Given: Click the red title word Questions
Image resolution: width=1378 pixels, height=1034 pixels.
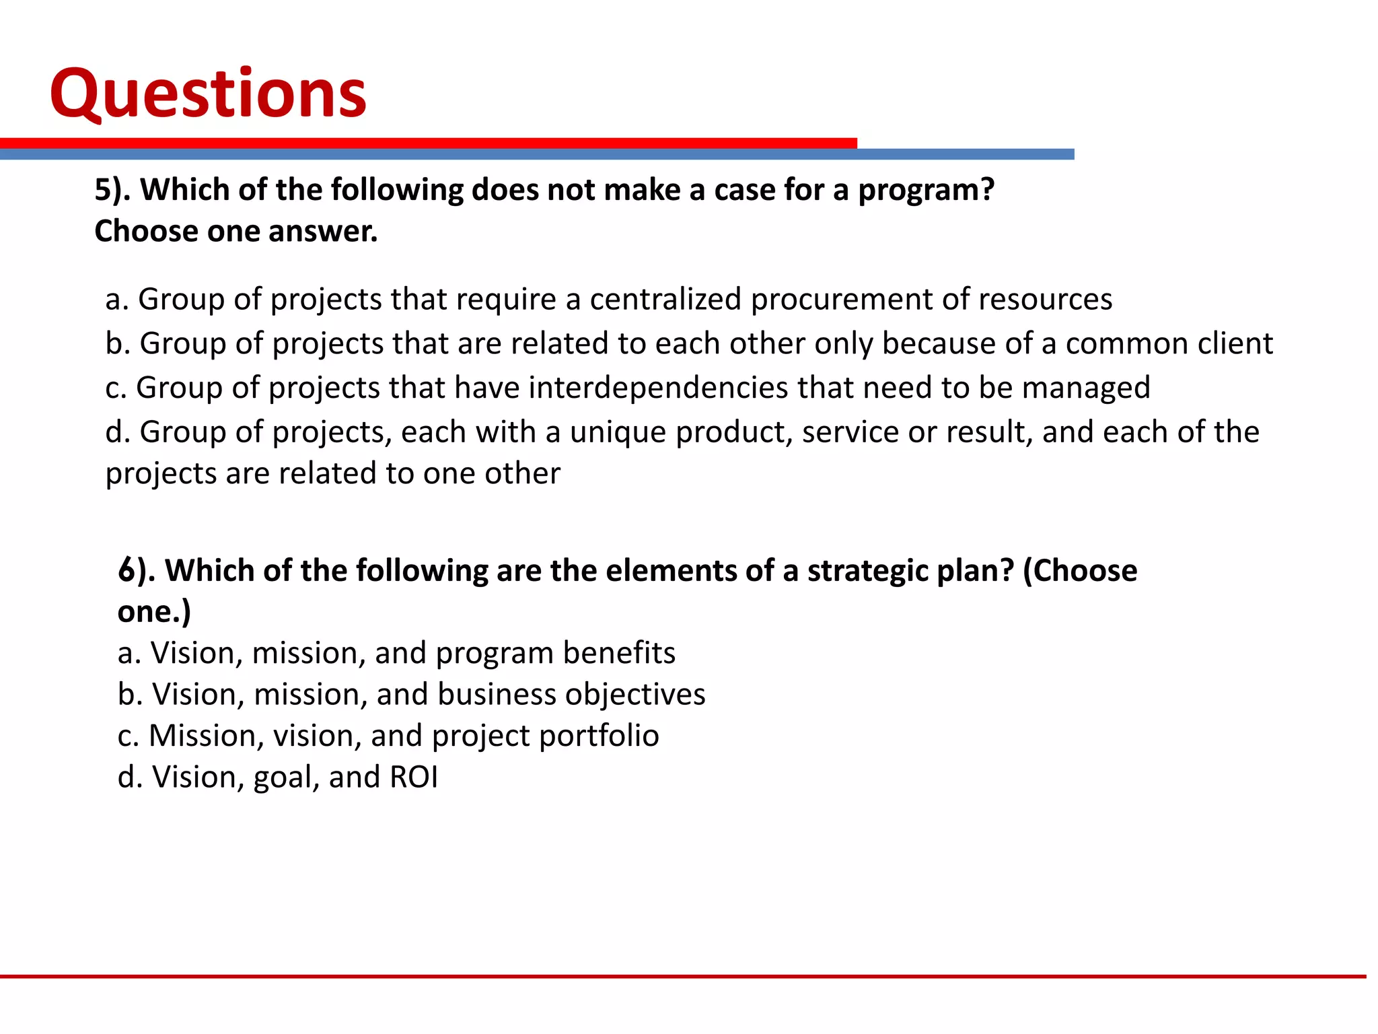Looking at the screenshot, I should [x=208, y=94].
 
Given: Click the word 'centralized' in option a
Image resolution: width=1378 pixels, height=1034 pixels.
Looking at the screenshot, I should [x=665, y=300].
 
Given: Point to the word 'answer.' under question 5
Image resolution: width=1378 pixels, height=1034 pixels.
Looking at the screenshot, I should [x=323, y=232].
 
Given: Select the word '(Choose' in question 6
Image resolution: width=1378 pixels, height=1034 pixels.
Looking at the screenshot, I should [x=1079, y=572].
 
